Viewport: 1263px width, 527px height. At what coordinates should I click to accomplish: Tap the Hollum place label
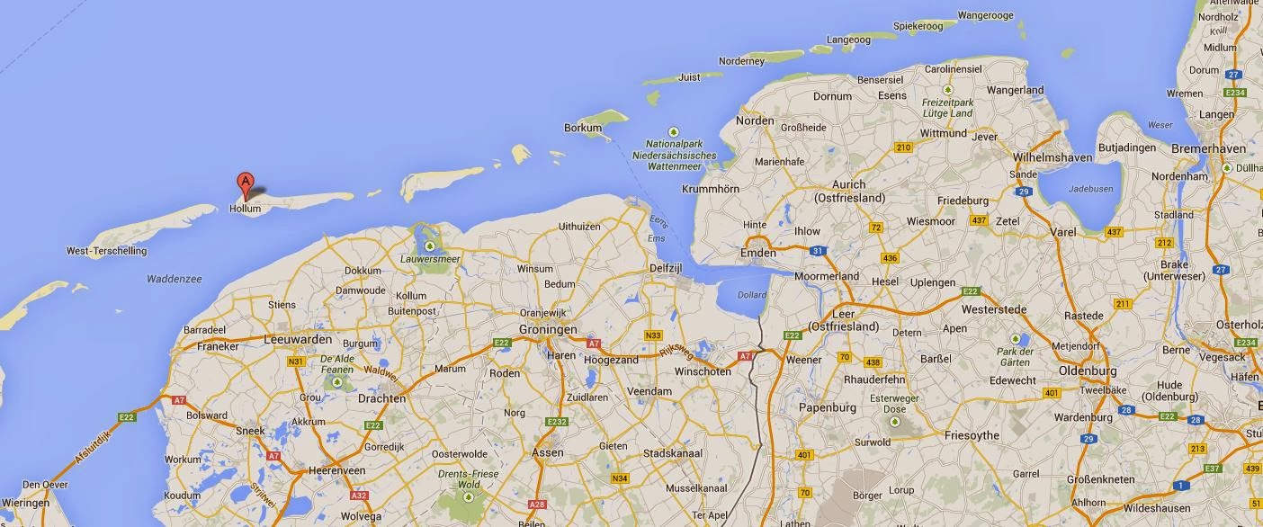[x=245, y=209]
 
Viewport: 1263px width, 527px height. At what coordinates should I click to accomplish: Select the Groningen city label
[x=548, y=329]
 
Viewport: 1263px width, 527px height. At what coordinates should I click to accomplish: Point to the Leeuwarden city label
[x=298, y=340]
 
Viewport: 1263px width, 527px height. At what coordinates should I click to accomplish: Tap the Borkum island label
[x=582, y=128]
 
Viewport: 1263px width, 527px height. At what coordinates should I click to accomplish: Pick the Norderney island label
[x=742, y=61]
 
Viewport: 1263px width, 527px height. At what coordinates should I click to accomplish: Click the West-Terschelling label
[x=106, y=251]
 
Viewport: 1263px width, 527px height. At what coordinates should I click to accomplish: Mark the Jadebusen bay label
[x=1089, y=190]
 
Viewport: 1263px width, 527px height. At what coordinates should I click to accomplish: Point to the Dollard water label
[x=752, y=294]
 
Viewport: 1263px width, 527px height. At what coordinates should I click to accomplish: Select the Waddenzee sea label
[x=175, y=279]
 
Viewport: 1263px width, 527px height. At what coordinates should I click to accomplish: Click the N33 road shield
[x=653, y=335]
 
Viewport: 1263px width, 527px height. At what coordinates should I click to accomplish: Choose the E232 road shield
[x=557, y=422]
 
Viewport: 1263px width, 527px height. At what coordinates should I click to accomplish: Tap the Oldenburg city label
[x=1087, y=371]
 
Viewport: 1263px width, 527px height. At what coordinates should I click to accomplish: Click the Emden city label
[x=757, y=253]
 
